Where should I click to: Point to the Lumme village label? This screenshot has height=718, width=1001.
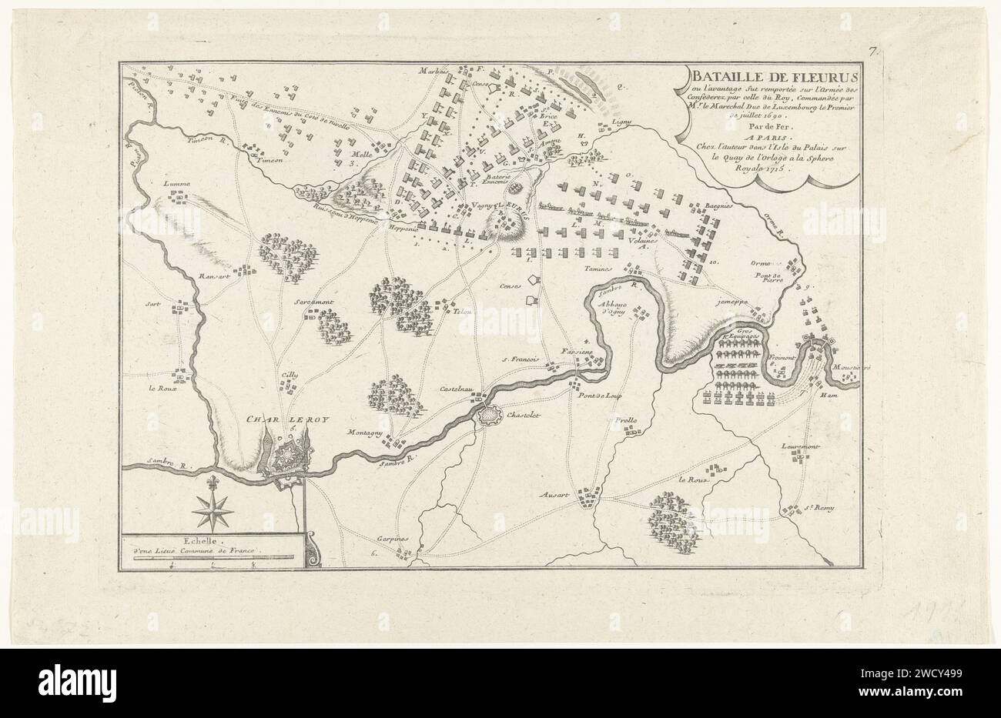click(176, 185)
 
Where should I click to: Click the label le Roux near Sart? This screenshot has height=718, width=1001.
click(162, 388)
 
